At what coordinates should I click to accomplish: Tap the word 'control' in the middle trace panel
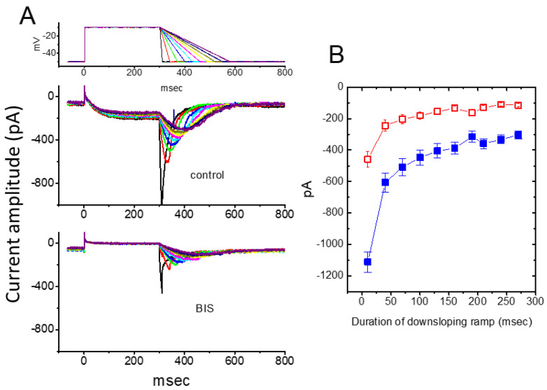[207, 174]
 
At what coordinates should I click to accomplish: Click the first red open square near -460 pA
[368, 159]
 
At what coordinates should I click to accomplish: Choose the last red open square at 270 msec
[518, 105]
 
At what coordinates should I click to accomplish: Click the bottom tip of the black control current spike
[162, 203]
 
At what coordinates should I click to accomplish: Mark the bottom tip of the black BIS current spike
[162, 293]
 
